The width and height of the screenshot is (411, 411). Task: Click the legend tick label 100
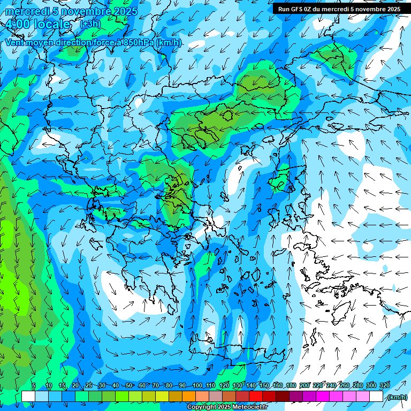pos(197,385)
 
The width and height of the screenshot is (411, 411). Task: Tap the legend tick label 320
pos(384,385)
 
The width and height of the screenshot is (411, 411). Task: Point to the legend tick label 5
pos(34,385)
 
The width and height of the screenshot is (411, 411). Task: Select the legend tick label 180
pos(291,385)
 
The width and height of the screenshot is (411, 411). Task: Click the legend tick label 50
pos(129,385)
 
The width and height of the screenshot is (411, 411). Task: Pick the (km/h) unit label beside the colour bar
pos(397,397)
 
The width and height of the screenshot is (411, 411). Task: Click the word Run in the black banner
pos(284,9)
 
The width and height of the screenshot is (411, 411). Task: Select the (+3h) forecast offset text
pos(89,24)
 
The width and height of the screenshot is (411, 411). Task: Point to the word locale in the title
pos(51,24)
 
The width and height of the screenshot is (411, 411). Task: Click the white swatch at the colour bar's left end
pos(28,397)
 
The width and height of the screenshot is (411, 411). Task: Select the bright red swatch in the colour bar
pos(256,397)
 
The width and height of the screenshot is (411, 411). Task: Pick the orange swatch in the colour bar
pos(189,397)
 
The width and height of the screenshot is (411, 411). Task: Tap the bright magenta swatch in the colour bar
pos(323,397)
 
